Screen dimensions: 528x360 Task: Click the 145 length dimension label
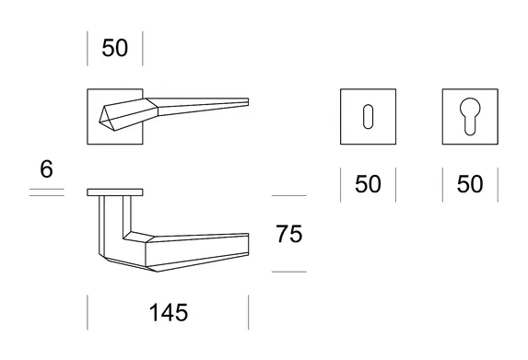coord(169,312)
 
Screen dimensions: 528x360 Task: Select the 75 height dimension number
coord(289,234)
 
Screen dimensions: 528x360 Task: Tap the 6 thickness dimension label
coord(46,168)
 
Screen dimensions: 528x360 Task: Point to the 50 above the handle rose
coord(115,48)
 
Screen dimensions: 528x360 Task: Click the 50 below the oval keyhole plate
coord(368,184)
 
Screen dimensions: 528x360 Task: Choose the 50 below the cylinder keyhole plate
coord(470,184)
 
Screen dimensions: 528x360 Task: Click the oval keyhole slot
coord(368,117)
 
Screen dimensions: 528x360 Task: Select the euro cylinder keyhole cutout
coord(470,116)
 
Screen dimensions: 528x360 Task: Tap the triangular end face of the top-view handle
coord(105,114)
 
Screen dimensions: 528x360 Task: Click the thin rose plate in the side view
coord(115,192)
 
